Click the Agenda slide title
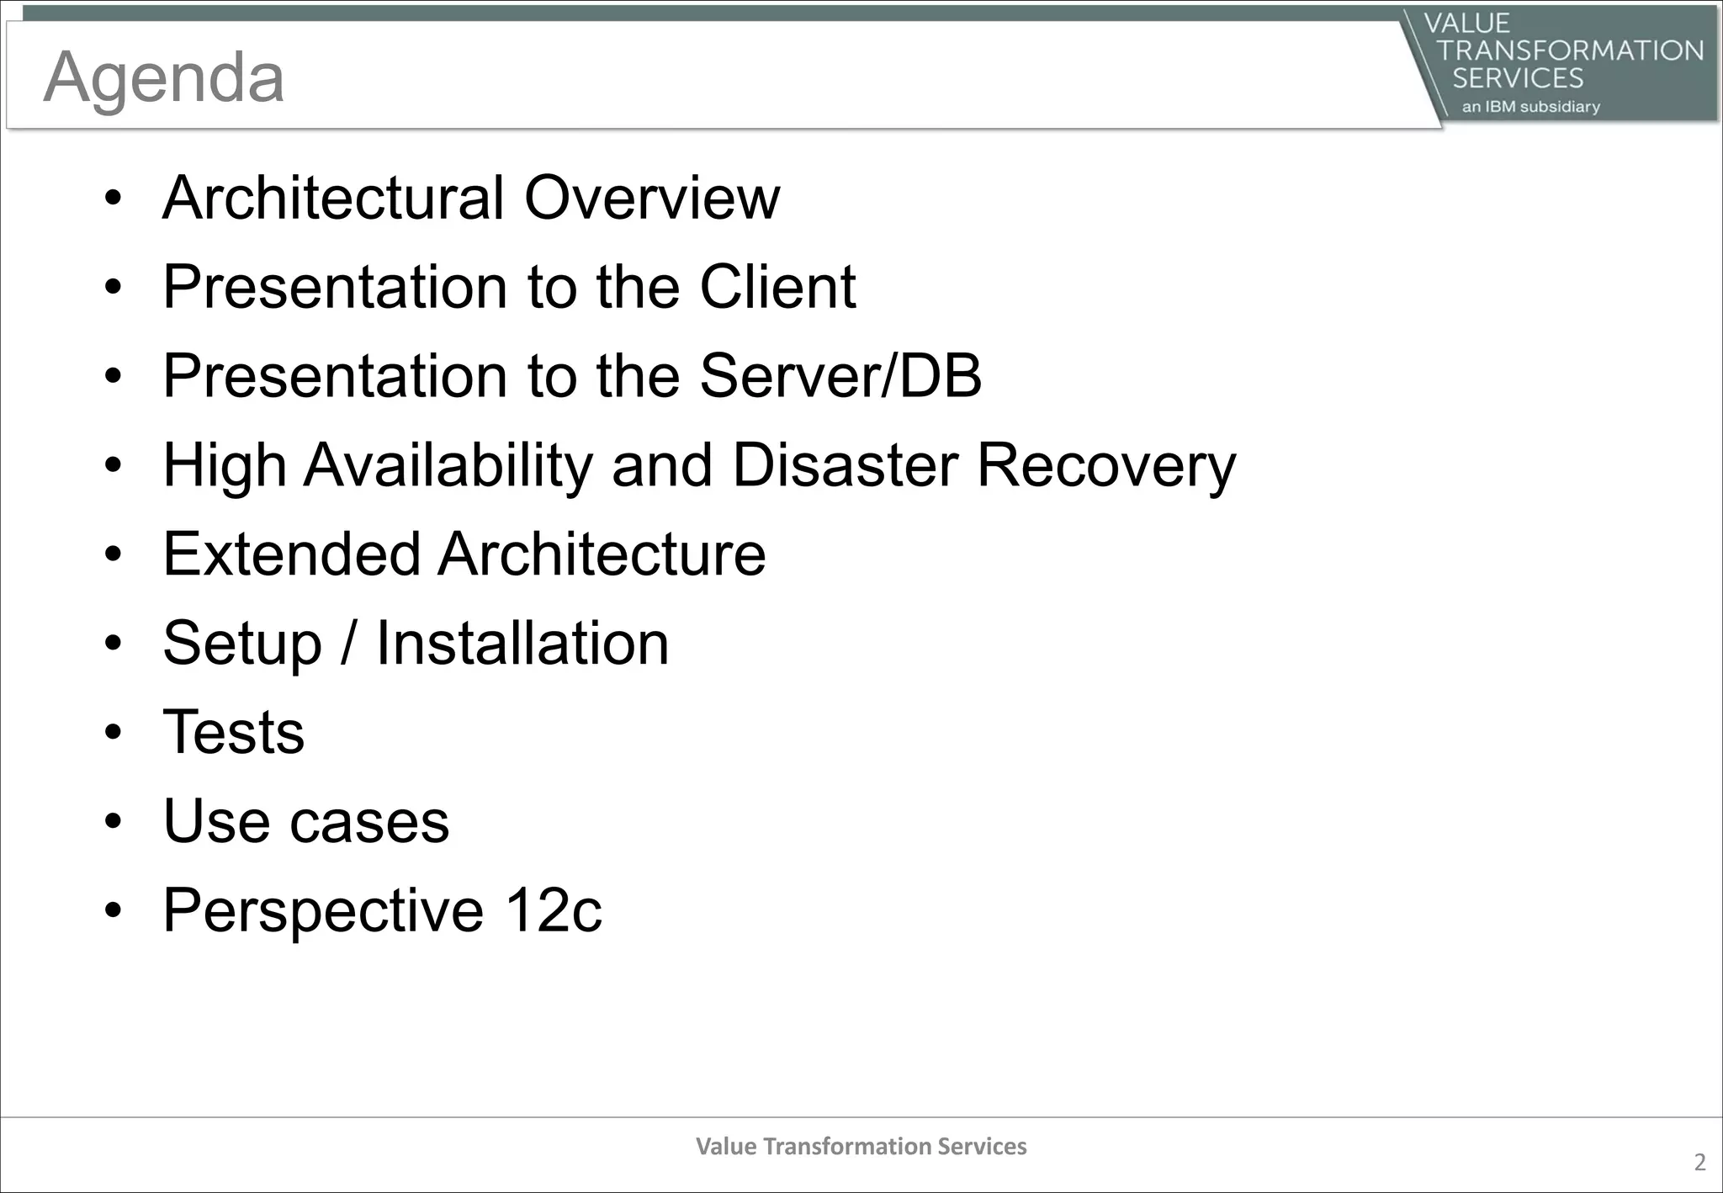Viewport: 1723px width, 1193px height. pos(163,77)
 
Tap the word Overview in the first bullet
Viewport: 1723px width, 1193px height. pos(652,198)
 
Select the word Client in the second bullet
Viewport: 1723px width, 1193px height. pos(777,287)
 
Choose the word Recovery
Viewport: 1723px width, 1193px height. pos(1106,466)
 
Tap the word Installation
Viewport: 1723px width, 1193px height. pos(522,644)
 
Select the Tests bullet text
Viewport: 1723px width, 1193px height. pos(233,732)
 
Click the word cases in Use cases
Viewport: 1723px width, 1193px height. pos(369,822)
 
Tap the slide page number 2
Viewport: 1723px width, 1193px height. pos(1699,1163)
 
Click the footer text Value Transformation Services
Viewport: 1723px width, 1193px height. pos(861,1146)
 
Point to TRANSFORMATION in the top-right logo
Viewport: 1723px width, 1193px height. pos(1570,50)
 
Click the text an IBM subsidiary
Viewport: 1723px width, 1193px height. pos(1530,107)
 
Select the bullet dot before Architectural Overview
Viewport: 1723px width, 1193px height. pos(114,199)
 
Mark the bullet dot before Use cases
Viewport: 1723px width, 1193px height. pos(114,822)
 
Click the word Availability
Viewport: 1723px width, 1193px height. pos(448,466)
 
